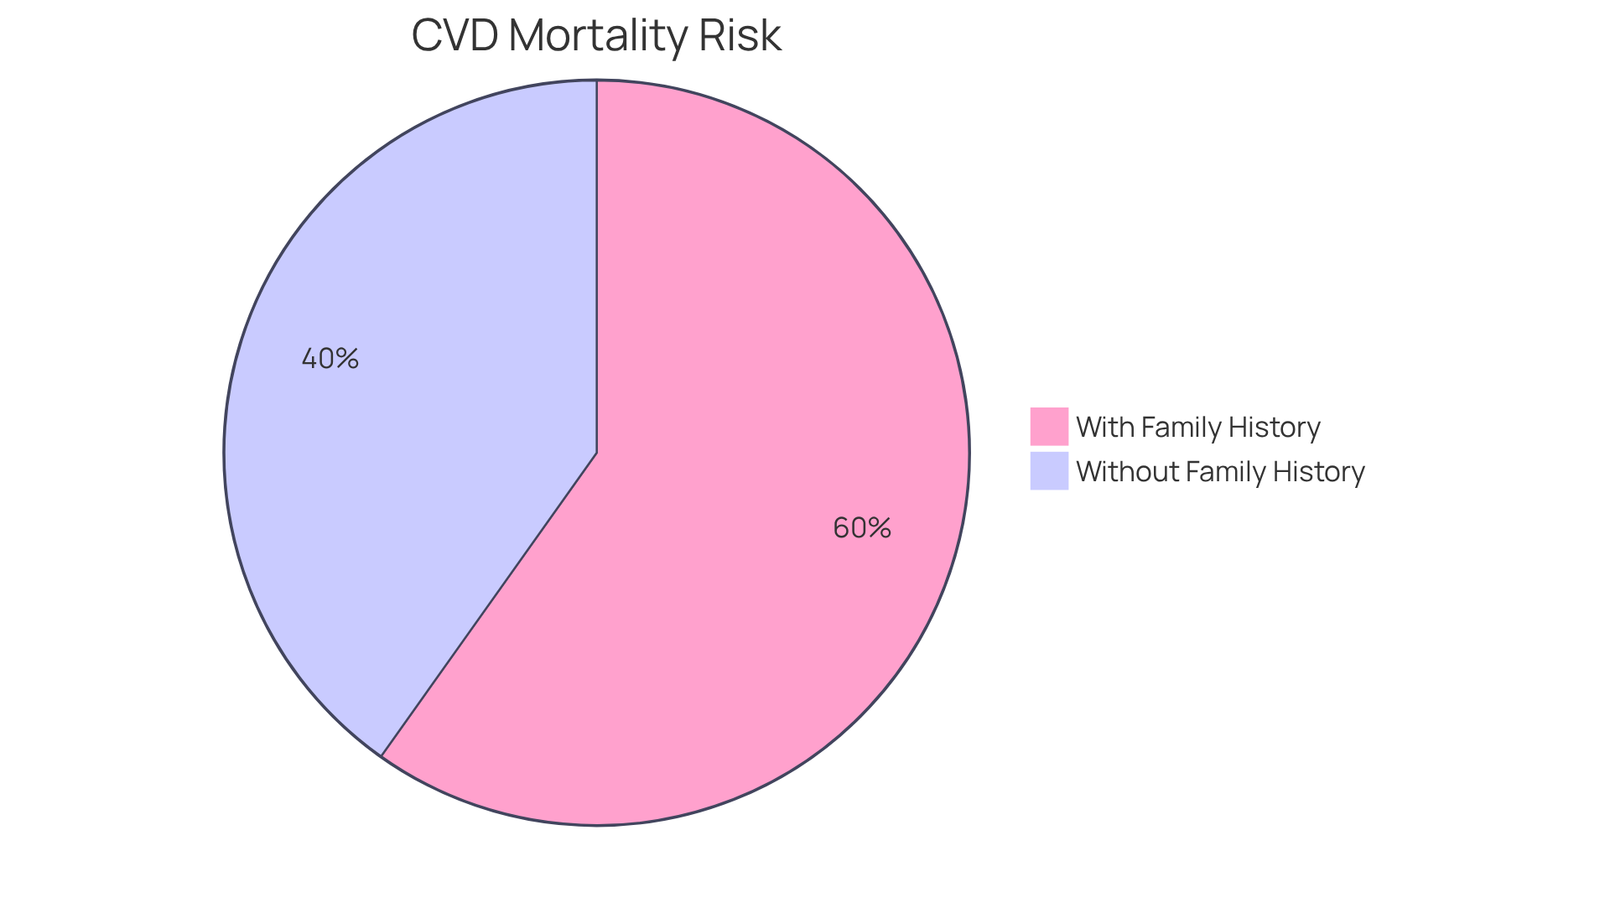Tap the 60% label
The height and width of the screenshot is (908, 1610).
[861, 527]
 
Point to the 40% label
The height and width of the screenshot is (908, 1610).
[330, 359]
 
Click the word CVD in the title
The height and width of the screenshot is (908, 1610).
[454, 36]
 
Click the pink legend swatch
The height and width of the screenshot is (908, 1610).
[1049, 426]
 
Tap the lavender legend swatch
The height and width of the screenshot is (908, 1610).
[1049, 470]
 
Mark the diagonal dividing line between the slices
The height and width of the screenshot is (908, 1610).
[490, 604]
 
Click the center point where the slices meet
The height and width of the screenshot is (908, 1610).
[597, 453]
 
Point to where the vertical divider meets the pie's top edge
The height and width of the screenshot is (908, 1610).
[597, 81]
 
